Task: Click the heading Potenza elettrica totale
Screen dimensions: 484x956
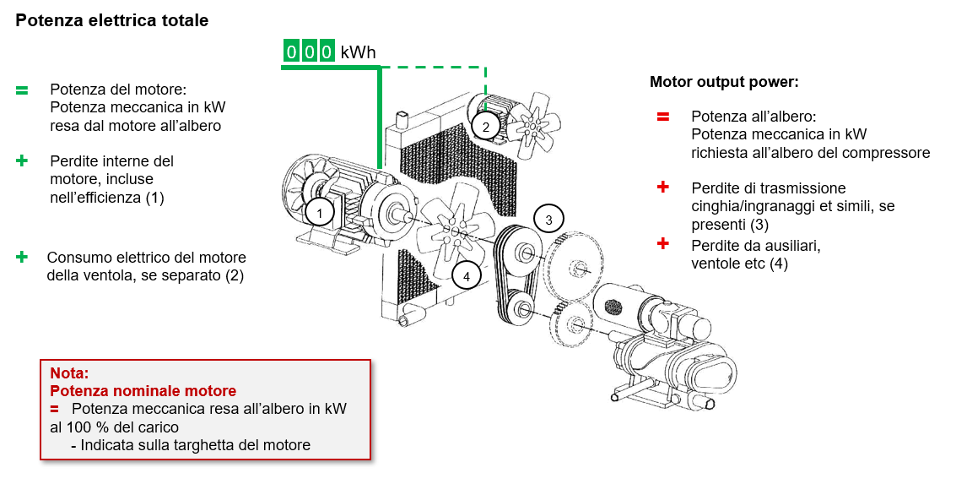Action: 111,21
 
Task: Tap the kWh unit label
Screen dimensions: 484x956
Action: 358,52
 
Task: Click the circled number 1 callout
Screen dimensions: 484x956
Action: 319,212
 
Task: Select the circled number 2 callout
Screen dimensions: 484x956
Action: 485,127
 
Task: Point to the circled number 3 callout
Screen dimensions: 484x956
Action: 548,220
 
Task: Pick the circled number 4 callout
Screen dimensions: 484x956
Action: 466,274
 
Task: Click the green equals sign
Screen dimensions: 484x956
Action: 22,90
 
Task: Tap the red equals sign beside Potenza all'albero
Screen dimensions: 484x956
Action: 663,116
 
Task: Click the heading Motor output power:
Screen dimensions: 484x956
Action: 724,82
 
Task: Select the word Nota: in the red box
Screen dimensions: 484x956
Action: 69,373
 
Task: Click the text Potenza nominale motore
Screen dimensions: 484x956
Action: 143,391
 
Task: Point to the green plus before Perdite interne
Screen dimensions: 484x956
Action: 22,160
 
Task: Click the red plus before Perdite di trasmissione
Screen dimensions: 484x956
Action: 663,187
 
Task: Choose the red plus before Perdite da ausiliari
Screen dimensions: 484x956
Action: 663,244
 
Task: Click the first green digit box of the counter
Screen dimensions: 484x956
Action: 291,52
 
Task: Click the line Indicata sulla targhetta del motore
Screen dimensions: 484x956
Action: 196,445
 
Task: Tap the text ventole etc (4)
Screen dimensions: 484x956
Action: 739,264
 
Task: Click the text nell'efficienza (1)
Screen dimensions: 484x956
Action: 107,198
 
